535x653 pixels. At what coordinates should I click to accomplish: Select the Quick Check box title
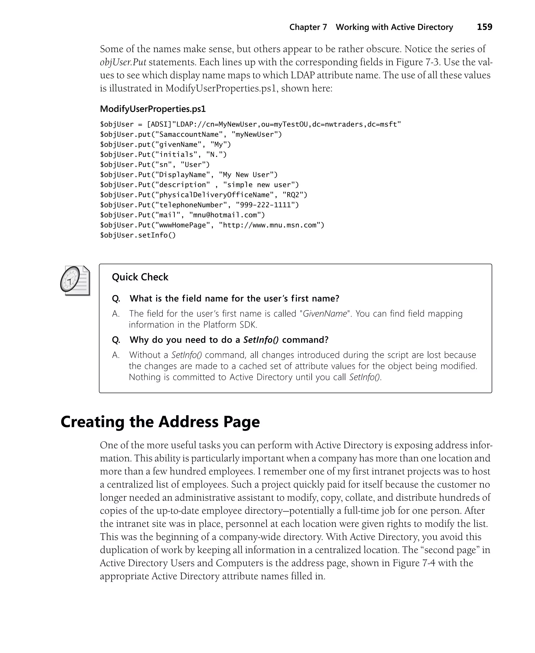click(140, 277)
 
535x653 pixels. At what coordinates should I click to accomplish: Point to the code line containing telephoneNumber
click(199, 205)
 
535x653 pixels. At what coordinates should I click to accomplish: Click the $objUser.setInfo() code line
click(137, 235)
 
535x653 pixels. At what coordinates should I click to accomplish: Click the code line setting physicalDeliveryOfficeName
click(203, 195)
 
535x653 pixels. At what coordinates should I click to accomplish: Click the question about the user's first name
click(234, 299)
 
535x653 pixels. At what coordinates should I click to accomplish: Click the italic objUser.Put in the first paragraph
click(123, 62)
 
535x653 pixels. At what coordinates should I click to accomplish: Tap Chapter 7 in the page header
click(308, 27)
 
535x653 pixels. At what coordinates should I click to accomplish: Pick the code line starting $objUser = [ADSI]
click(250, 124)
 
